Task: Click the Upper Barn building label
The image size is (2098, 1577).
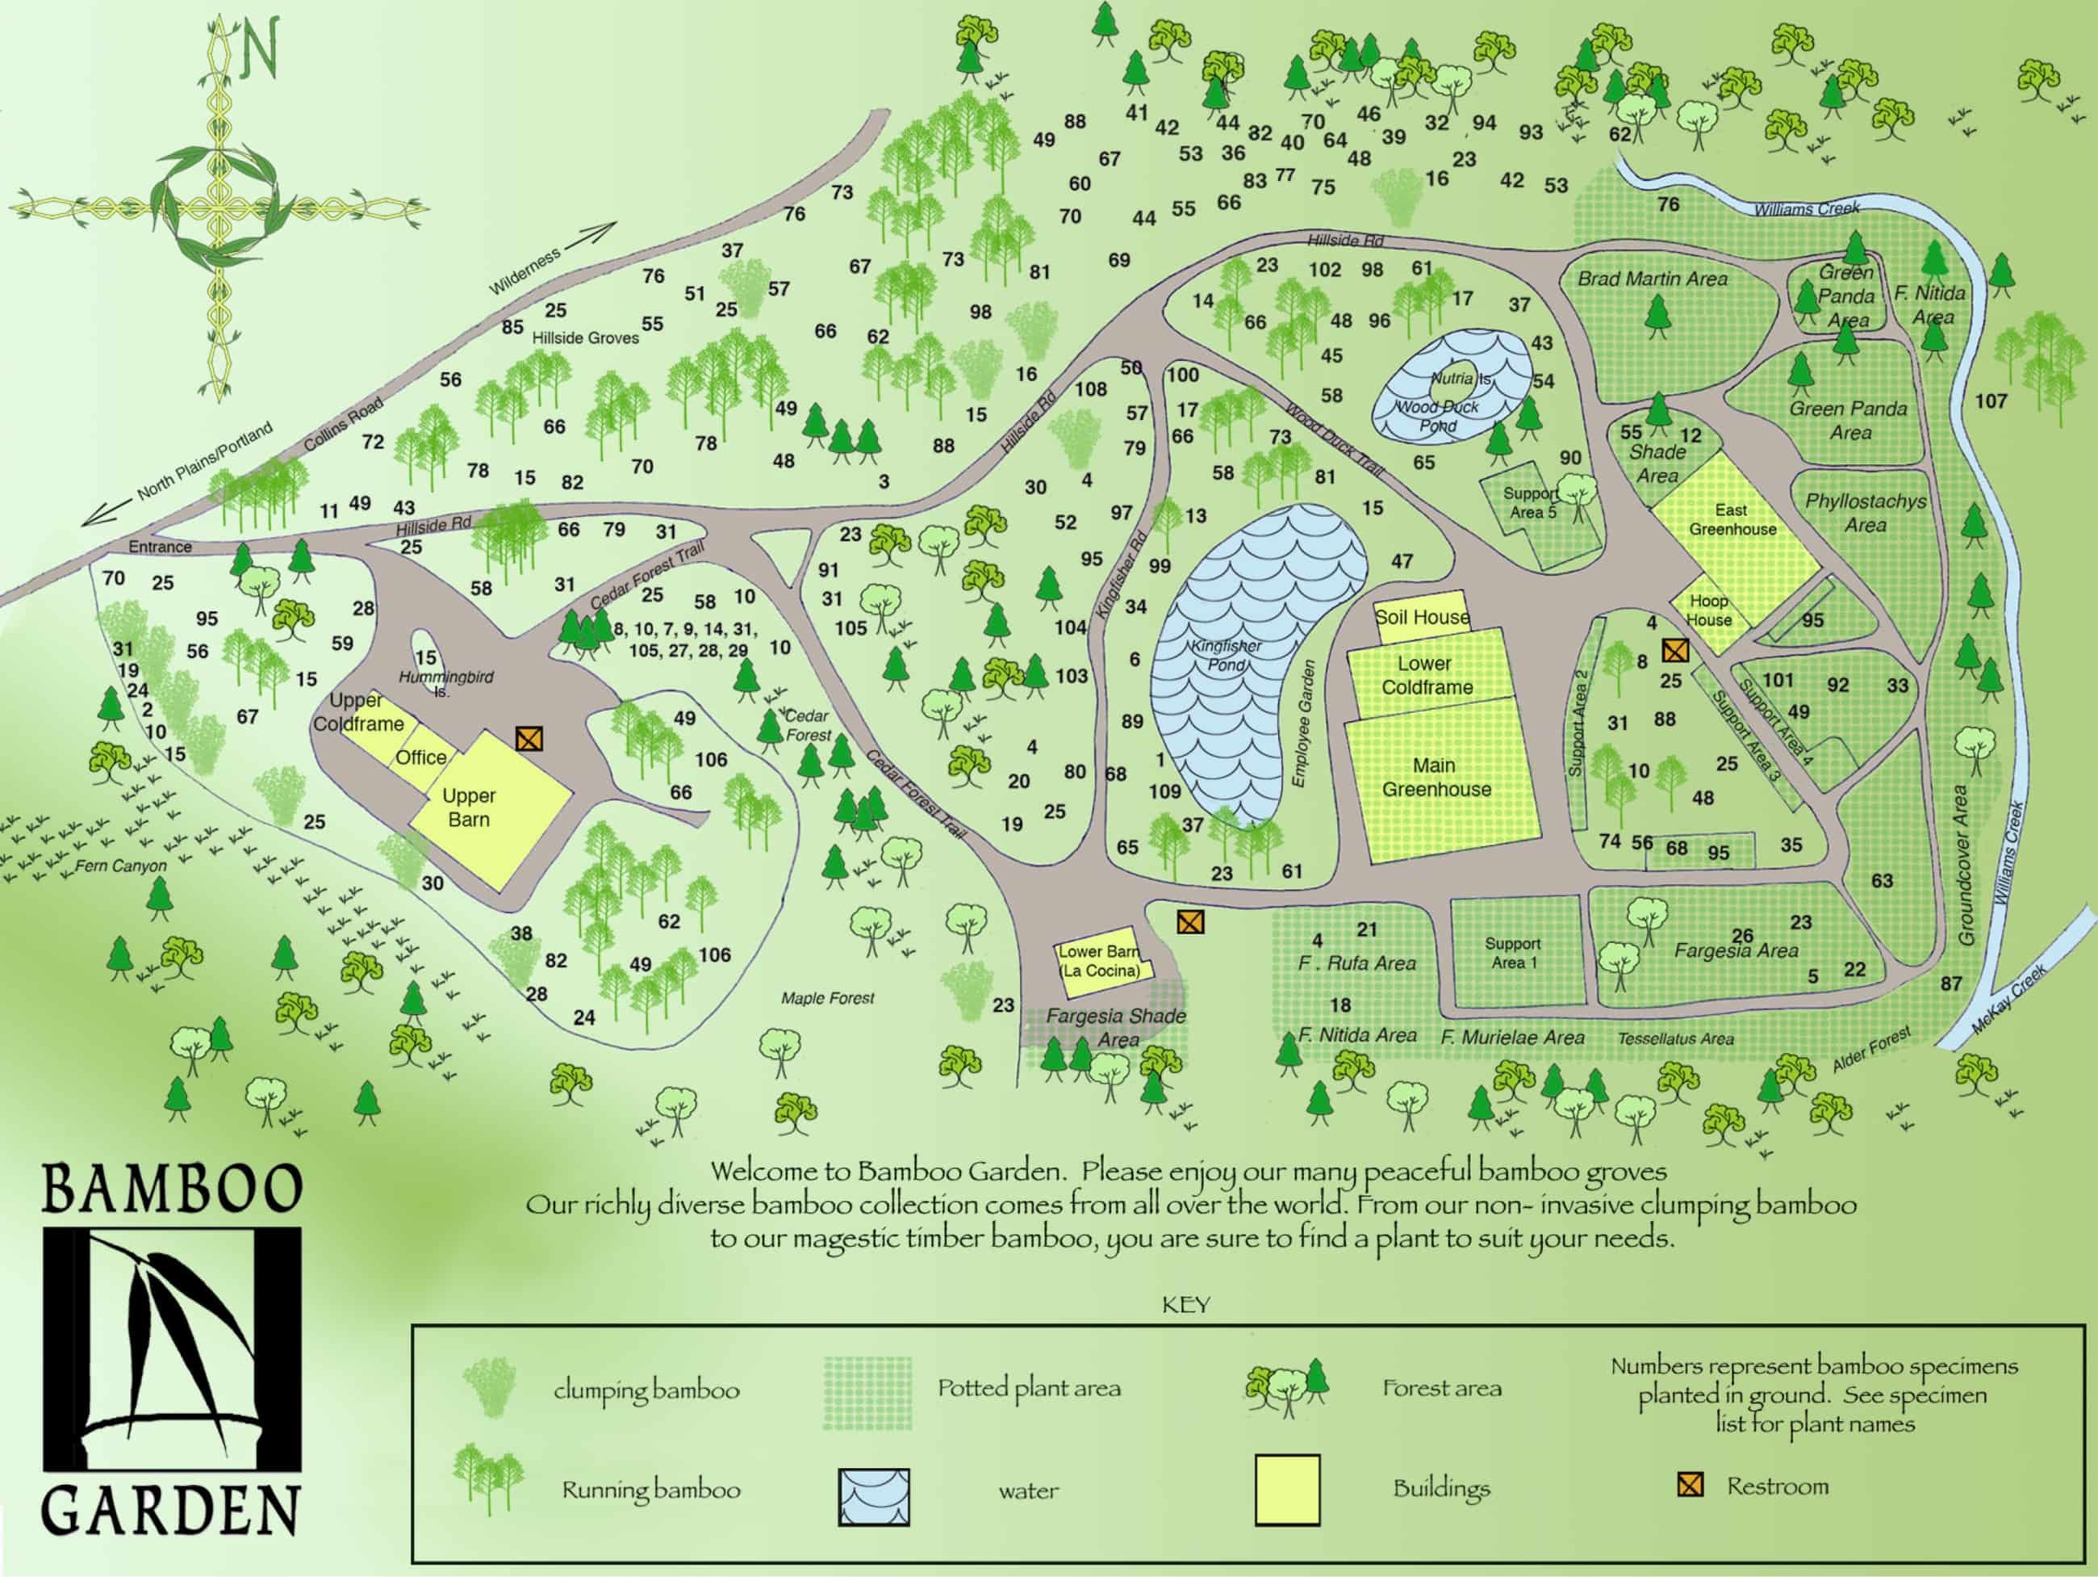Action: coord(469,807)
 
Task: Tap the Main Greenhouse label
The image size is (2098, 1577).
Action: coord(1435,777)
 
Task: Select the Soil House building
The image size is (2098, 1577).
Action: coord(1422,617)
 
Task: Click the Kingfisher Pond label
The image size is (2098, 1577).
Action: coord(1227,655)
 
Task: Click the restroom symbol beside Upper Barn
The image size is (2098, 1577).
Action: coord(529,738)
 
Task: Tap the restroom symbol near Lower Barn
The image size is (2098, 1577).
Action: coord(1190,921)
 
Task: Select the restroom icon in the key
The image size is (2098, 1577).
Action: coord(1691,1485)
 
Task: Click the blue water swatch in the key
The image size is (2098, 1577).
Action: coord(874,1496)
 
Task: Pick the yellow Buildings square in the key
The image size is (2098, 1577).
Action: coord(1287,1490)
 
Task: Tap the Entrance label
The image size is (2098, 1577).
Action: coord(161,547)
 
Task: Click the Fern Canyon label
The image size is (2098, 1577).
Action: coord(120,866)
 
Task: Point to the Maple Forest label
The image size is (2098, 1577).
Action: coord(827,997)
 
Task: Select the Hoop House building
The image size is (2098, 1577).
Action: coord(1709,610)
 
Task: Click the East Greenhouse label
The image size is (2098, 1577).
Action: coord(1732,519)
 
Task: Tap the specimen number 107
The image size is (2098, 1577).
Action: coord(1991,401)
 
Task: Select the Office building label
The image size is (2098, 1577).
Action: coord(421,757)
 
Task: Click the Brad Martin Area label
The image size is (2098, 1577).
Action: coord(1653,279)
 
